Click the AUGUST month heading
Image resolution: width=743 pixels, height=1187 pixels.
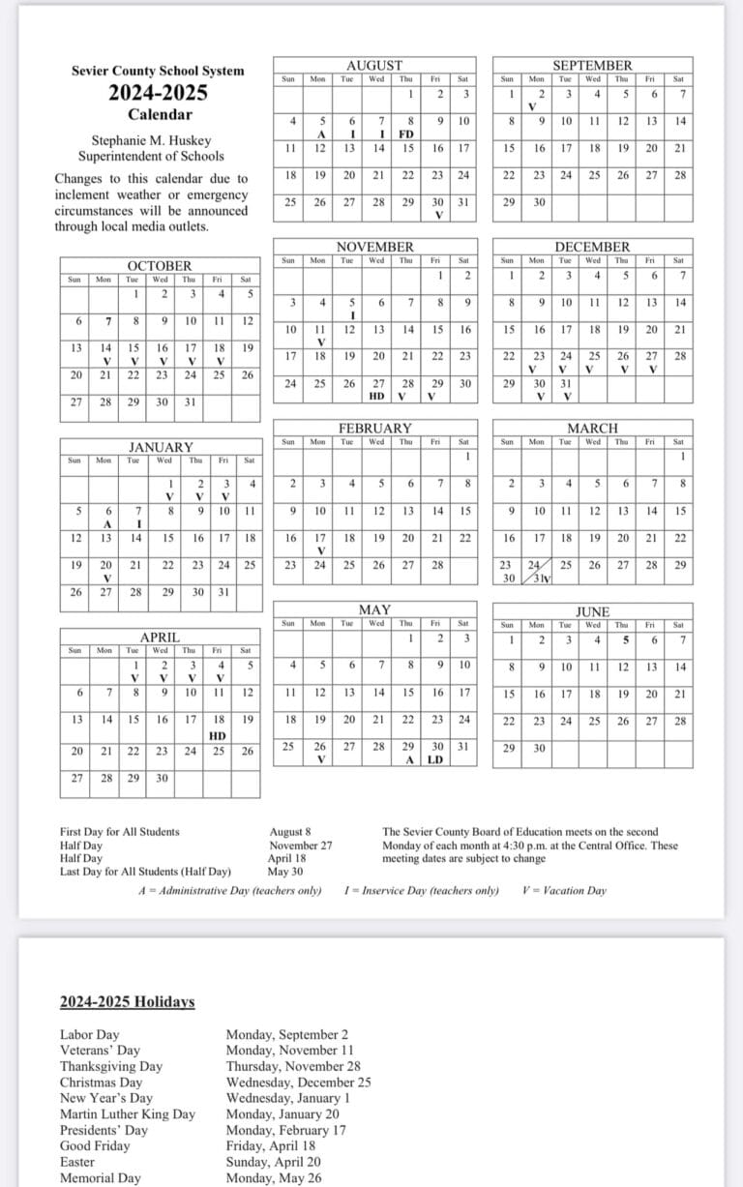[373, 65]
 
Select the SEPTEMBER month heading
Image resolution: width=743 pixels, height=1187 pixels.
[592, 65]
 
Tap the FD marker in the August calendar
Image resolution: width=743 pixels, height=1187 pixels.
[406, 134]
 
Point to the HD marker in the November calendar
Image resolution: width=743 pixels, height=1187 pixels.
[377, 396]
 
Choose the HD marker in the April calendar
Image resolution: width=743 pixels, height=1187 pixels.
[218, 735]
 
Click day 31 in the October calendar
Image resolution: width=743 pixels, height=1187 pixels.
[190, 402]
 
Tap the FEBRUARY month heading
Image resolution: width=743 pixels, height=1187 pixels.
[374, 428]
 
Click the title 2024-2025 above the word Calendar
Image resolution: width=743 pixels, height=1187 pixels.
[158, 94]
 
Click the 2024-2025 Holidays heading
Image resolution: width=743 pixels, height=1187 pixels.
[127, 1001]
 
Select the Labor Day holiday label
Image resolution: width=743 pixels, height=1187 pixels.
[89, 1035]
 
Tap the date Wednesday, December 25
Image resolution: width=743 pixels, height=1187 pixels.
[298, 1083]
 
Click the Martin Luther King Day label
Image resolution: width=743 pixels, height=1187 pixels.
[127, 1113]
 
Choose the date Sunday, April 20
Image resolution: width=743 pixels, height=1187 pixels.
[273, 1162]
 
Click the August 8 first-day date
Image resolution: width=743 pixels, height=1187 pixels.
[290, 832]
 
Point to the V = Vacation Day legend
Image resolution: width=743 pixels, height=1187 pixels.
[563, 891]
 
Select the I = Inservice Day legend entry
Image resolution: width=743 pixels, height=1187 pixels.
[421, 891]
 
